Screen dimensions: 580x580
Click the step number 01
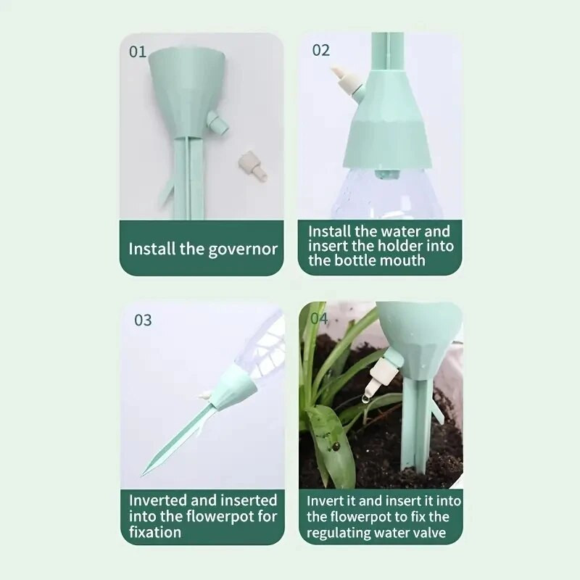pyautogui.click(x=138, y=51)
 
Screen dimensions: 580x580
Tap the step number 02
pyautogui.click(x=320, y=50)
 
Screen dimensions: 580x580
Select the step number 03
pyautogui.click(x=143, y=320)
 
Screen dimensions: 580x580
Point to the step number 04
pyautogui.click(x=319, y=318)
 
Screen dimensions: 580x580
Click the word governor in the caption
pyautogui.click(x=243, y=249)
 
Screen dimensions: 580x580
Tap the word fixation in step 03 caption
pyautogui.click(x=155, y=532)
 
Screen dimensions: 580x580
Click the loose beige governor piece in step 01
pyautogui.click(x=252, y=167)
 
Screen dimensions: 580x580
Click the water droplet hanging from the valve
pyautogui.click(x=366, y=399)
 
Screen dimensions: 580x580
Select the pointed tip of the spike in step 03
pyautogui.click(x=142, y=476)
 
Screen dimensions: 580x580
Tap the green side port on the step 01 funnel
pyautogui.click(x=217, y=123)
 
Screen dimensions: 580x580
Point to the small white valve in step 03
pyautogui.click(x=204, y=395)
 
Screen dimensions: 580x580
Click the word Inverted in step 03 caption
pyautogui.click(x=159, y=500)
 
